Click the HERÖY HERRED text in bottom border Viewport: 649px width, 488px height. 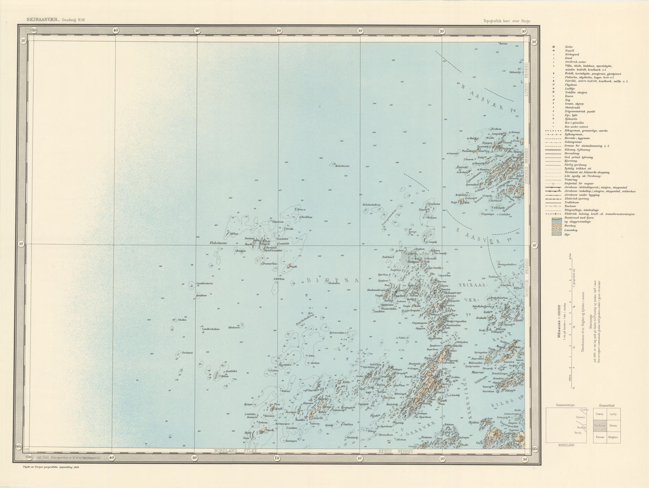(x=390, y=450)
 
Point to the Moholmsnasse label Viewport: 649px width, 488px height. (x=341, y=167)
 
